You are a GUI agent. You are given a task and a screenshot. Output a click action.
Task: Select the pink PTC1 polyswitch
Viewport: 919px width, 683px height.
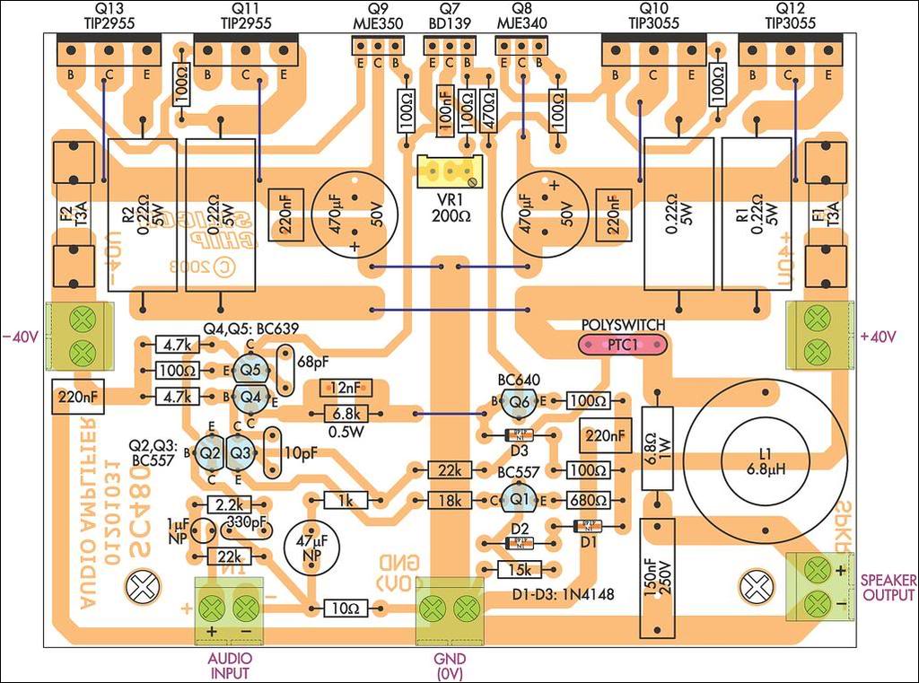click(623, 345)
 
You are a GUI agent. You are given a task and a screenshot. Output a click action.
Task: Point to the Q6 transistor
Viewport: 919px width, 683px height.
click(518, 402)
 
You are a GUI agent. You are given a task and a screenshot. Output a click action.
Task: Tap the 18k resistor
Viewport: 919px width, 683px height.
click(450, 500)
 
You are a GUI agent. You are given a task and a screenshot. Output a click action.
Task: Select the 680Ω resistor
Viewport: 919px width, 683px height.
click(587, 499)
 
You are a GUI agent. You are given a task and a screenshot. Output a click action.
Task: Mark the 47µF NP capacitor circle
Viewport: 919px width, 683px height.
click(311, 544)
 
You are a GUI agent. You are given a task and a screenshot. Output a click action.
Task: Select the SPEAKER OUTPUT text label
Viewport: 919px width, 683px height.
click(888, 588)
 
